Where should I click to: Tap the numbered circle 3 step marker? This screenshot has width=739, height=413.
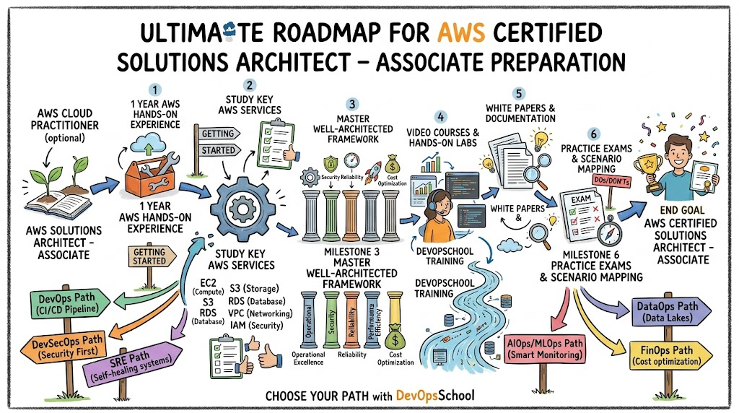351,104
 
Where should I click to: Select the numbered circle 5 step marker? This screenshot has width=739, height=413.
518,93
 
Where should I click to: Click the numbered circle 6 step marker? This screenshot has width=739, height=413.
593,134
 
